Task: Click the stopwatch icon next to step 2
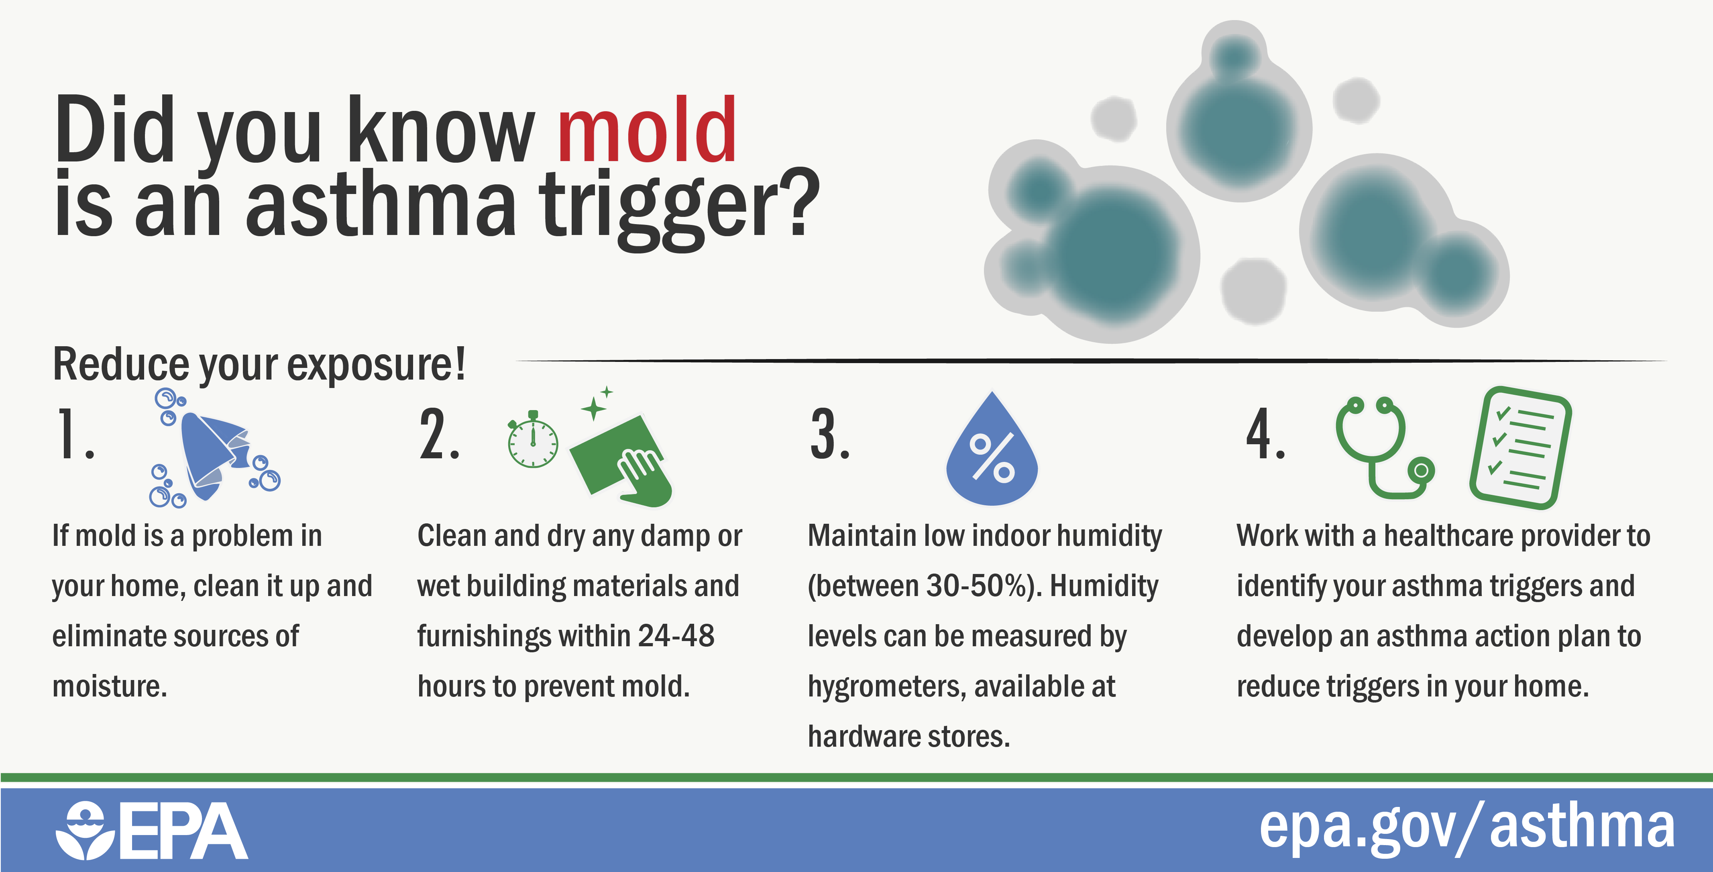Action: click(x=533, y=442)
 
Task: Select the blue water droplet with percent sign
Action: click(x=992, y=452)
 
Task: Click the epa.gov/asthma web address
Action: click(x=1466, y=828)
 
